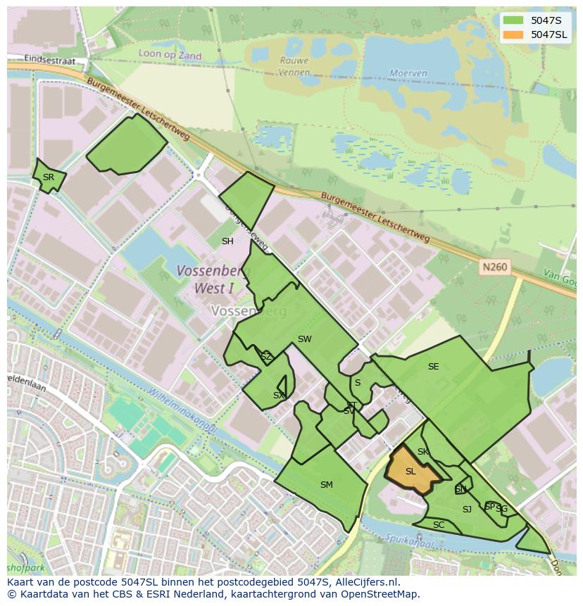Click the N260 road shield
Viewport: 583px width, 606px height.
494,267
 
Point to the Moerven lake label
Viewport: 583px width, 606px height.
408,73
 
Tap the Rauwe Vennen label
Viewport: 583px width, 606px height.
294,65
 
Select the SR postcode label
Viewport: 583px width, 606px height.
48,177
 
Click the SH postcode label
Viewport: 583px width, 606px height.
227,241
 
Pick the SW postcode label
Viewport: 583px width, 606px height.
304,339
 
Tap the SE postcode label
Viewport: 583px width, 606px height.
433,367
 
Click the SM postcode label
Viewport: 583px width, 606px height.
326,485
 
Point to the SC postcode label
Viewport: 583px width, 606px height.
439,525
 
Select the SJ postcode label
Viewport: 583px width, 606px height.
467,510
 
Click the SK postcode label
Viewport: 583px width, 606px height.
422,452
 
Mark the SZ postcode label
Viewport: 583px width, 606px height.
265,357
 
